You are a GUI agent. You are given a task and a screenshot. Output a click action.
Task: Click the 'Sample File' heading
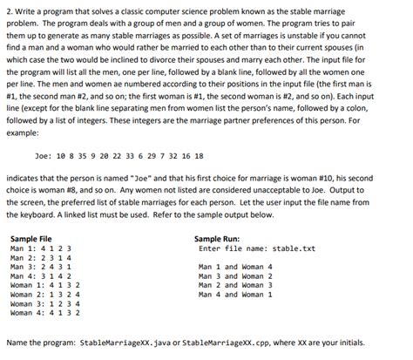[30, 237]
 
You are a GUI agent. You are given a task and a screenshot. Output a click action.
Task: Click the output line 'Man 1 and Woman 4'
[235, 266]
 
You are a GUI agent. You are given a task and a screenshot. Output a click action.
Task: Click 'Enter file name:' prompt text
[229, 248]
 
